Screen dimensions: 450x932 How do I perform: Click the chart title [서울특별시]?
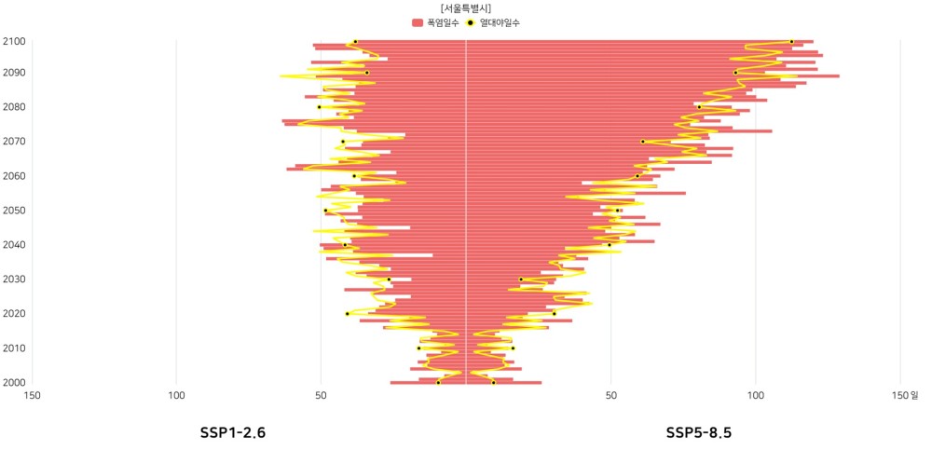pyautogui.click(x=466, y=7)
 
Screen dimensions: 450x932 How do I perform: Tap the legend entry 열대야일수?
pyautogui.click(x=494, y=21)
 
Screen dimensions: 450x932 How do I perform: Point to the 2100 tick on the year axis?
pyautogui.click(x=14, y=41)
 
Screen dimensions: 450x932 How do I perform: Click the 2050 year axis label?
pyautogui.click(x=14, y=211)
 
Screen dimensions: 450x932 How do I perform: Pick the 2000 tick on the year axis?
pyautogui.click(x=14, y=382)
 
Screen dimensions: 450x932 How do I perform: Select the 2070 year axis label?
pyautogui.click(x=14, y=142)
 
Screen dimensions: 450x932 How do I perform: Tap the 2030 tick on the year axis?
pyautogui.click(x=14, y=280)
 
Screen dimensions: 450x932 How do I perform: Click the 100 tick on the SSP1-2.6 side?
pyautogui.click(x=176, y=395)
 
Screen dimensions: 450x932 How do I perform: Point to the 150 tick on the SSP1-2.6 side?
pyautogui.click(x=33, y=395)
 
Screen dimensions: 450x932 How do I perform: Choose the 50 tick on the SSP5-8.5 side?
pyautogui.click(x=610, y=395)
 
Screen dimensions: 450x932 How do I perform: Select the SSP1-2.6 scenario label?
pyautogui.click(x=233, y=432)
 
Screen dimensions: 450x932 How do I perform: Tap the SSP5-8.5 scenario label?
pyautogui.click(x=699, y=432)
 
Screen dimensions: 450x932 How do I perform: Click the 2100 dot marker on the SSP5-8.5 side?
pyautogui.click(x=791, y=42)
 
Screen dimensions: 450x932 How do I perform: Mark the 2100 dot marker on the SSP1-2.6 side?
pyautogui.click(x=355, y=42)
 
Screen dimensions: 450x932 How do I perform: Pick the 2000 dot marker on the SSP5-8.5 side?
pyautogui.click(x=493, y=382)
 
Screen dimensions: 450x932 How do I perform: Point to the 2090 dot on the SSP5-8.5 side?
pyautogui.click(x=735, y=73)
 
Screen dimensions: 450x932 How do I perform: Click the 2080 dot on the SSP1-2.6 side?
pyautogui.click(x=319, y=107)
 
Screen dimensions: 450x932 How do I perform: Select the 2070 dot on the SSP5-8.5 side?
pyautogui.click(x=642, y=142)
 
